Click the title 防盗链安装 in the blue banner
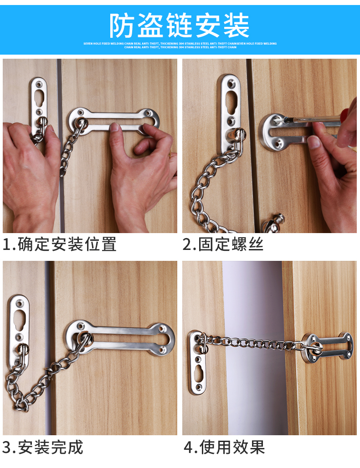180,25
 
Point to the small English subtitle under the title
180,45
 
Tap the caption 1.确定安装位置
60,244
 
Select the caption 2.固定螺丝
223,244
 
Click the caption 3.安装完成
43,447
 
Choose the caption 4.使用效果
224,447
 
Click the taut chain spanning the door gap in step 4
253,343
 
